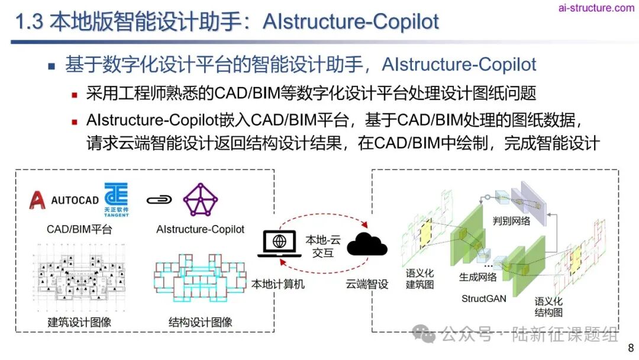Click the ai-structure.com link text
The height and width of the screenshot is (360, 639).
[596, 8]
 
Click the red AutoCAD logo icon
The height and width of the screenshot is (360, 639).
[37, 200]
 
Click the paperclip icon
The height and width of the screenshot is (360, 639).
[159, 200]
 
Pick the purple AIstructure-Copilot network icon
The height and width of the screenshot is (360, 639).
[201, 200]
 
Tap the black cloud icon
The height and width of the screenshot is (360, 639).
[367, 244]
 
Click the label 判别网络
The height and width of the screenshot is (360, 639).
[511, 221]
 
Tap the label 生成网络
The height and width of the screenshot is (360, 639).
[478, 276]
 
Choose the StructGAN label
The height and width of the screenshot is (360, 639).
[484, 298]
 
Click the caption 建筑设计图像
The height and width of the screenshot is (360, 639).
[79, 322]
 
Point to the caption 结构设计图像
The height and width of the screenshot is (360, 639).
[201, 322]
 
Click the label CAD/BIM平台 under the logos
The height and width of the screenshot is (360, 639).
[79, 229]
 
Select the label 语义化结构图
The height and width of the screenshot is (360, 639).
[548, 306]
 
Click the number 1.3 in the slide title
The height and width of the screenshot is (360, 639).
[28, 22]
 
